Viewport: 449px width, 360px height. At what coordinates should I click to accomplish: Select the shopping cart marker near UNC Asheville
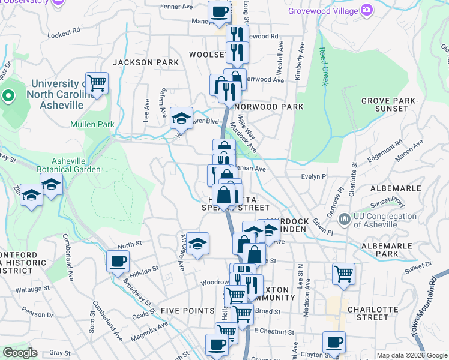(x=96, y=83)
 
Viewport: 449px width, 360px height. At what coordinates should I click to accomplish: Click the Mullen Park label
(x=92, y=125)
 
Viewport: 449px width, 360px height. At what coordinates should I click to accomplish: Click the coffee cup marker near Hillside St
(x=118, y=261)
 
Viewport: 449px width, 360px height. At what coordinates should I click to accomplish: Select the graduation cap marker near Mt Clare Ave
(x=197, y=243)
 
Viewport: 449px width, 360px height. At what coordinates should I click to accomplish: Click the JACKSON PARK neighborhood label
(x=145, y=62)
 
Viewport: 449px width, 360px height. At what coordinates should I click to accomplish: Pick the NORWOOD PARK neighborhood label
(x=268, y=107)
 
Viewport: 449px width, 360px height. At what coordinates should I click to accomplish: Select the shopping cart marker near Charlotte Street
(x=343, y=274)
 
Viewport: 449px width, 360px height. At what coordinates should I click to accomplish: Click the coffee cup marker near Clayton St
(x=334, y=342)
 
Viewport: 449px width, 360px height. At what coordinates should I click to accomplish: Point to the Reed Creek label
(x=324, y=66)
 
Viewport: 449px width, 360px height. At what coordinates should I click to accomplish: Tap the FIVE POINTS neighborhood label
(x=187, y=310)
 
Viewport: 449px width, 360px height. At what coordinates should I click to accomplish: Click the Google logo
(x=20, y=353)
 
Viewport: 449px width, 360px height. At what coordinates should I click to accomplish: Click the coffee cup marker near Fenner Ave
(x=220, y=11)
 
